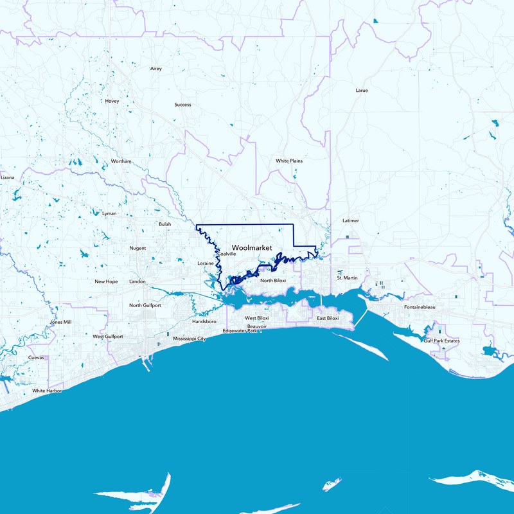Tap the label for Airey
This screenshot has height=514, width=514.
tap(156, 68)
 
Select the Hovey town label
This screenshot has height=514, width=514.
tap(112, 101)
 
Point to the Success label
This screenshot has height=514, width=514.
tap(182, 105)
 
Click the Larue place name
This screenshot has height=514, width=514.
tap(362, 91)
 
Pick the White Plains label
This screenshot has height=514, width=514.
tap(289, 161)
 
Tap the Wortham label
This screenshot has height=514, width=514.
tap(121, 161)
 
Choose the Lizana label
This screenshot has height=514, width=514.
tap(7, 177)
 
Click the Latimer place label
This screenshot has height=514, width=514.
tap(351, 220)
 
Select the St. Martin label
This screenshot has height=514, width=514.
tap(347, 278)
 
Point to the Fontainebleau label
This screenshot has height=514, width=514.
tap(421, 307)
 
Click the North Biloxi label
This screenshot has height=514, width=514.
tap(273, 281)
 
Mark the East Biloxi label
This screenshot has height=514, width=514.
tap(328, 319)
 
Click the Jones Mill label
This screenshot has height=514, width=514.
tap(60, 322)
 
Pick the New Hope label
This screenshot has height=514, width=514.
tap(106, 281)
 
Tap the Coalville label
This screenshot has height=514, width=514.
tap(227, 254)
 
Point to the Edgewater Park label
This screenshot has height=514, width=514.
tap(240, 331)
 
